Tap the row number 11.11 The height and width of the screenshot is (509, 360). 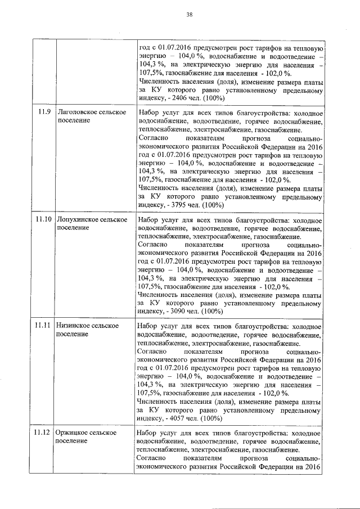pos(44,325)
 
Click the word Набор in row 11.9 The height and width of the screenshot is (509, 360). pos(148,112)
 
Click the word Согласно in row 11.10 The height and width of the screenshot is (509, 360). pos(152,246)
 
